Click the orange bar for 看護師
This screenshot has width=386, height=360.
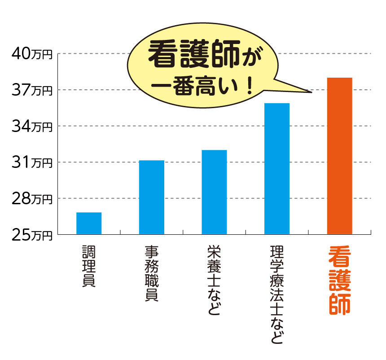[x=339, y=156]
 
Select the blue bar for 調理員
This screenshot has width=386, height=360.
[x=89, y=223]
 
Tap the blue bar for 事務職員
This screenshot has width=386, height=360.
[x=152, y=197]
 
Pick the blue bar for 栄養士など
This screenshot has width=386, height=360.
[x=214, y=192]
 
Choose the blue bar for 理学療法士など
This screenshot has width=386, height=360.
[x=277, y=168]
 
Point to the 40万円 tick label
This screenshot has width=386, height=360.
[x=32, y=54]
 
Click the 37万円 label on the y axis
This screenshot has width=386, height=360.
[x=32, y=90]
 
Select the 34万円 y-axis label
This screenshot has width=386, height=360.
[x=32, y=126]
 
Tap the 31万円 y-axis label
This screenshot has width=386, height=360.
[x=32, y=162]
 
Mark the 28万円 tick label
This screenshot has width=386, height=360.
[x=32, y=198]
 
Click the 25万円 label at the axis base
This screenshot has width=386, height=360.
[x=32, y=234]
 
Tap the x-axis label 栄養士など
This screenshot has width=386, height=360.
[x=214, y=280]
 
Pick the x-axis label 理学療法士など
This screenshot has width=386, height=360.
[x=277, y=294]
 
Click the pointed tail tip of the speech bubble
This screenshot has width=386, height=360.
[x=311, y=93]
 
